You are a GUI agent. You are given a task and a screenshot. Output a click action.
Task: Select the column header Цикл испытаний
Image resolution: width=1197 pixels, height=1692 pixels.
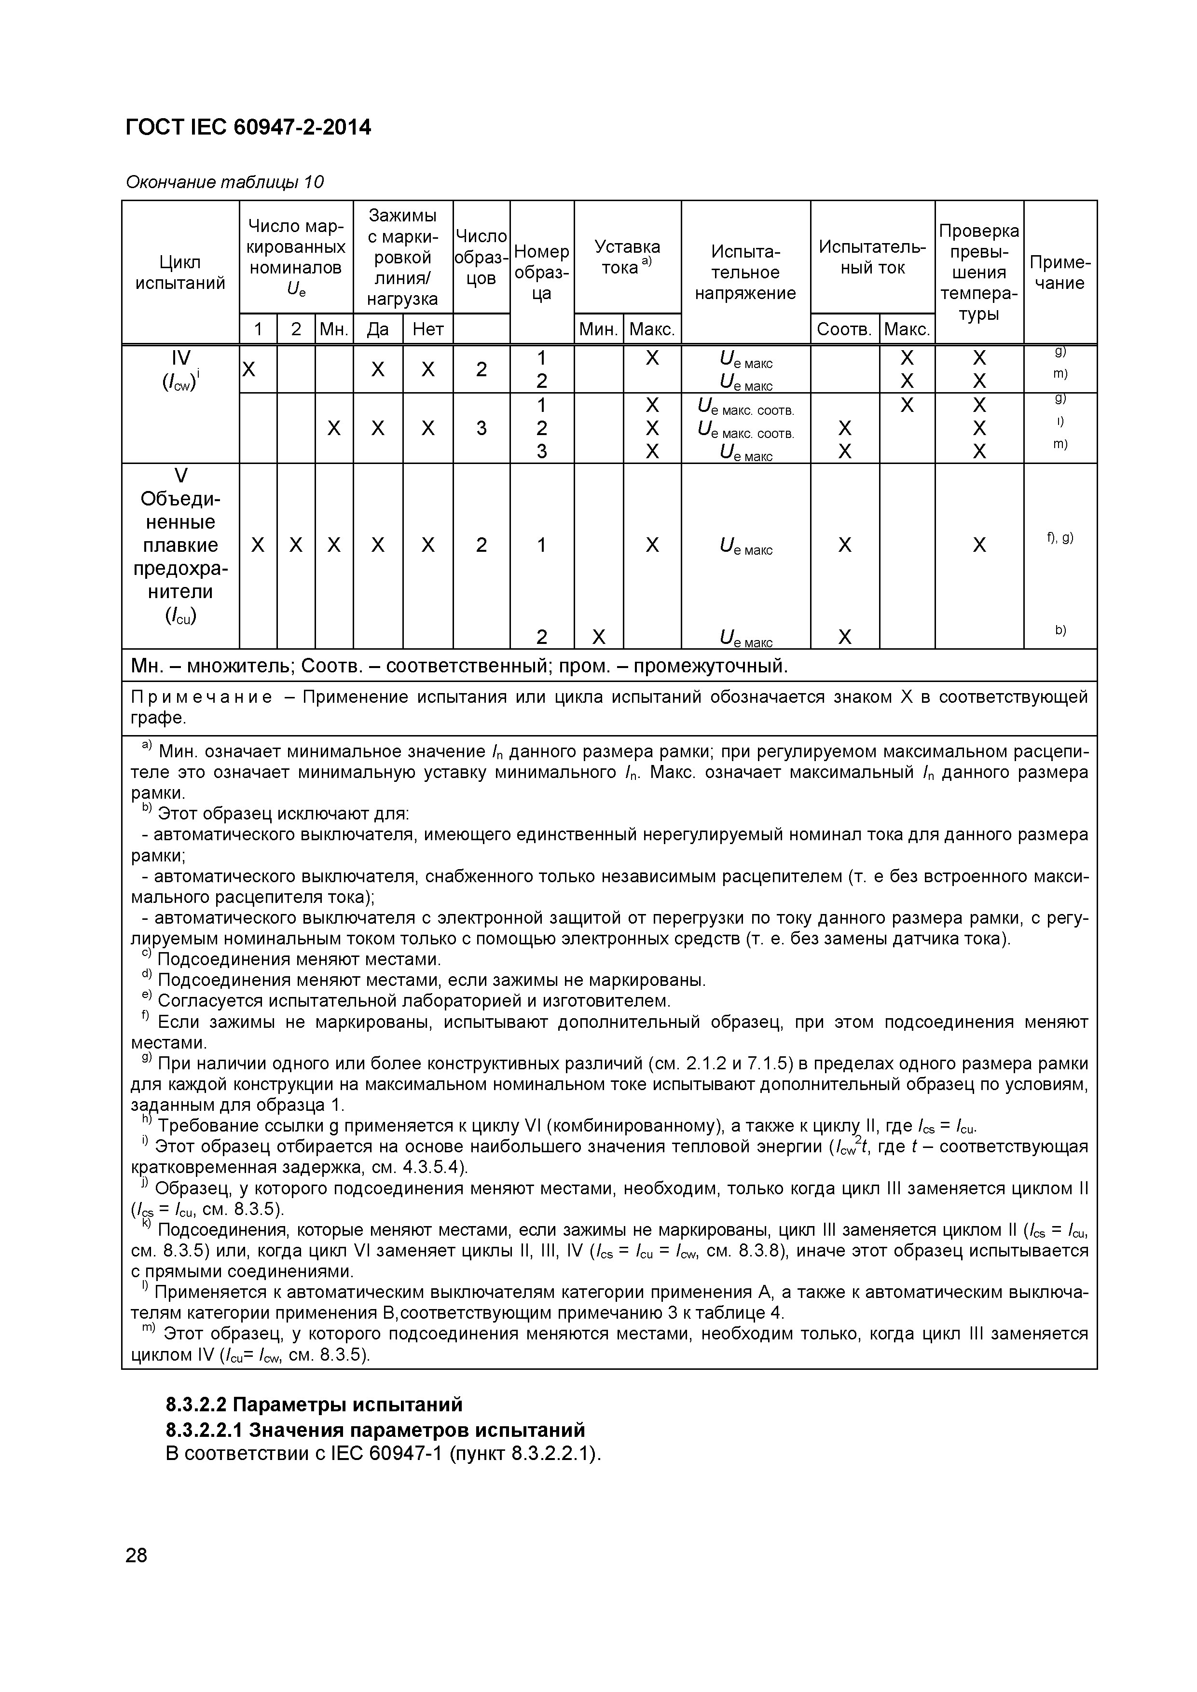click(x=180, y=273)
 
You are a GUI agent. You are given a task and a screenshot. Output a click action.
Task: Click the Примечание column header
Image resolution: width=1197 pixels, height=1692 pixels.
click(x=1059, y=273)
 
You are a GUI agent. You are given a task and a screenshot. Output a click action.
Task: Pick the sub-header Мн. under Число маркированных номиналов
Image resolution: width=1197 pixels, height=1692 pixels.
click(x=333, y=329)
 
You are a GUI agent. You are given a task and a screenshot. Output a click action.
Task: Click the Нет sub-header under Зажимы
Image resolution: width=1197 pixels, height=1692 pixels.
click(x=427, y=329)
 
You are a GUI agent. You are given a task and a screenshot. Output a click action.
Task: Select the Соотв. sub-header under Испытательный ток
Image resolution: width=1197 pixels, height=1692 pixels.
click(x=844, y=329)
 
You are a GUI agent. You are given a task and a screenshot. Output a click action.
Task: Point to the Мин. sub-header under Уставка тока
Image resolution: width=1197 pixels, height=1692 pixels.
click(x=598, y=329)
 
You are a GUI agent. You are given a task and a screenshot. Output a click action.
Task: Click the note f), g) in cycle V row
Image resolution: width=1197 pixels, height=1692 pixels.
click(x=1059, y=538)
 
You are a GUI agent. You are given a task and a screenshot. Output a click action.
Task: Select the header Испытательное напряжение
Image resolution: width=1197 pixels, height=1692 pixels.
click(x=745, y=273)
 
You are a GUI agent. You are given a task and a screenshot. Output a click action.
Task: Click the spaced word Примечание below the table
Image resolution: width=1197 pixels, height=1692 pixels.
click(x=201, y=697)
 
